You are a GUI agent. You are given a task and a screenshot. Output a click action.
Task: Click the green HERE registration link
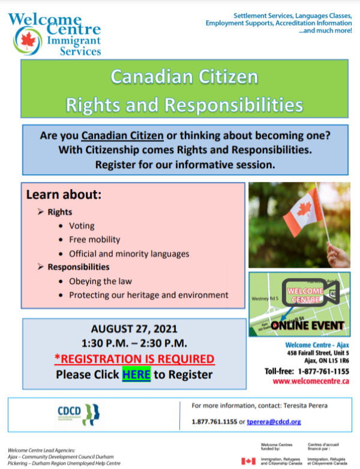pyautogui.click(x=136, y=375)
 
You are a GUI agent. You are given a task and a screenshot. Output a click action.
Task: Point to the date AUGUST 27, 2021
pyautogui.click(x=134, y=329)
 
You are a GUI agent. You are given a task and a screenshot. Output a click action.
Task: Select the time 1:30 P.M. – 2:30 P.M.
pyautogui.click(x=134, y=343)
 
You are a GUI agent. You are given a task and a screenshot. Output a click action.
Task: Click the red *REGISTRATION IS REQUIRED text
pyautogui.click(x=134, y=359)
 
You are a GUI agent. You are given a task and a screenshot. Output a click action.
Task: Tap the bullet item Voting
pyautogui.click(x=82, y=226)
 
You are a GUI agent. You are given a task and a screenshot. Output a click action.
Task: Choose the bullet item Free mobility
pyautogui.click(x=95, y=239)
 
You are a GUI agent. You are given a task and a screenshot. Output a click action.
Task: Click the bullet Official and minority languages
pyautogui.click(x=129, y=253)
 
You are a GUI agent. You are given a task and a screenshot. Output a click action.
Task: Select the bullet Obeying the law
pyautogui.click(x=100, y=281)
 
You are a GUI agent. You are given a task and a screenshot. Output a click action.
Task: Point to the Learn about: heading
pyautogui.click(x=64, y=196)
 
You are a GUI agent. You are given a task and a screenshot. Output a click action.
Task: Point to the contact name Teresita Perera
pyautogui.click(x=303, y=406)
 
